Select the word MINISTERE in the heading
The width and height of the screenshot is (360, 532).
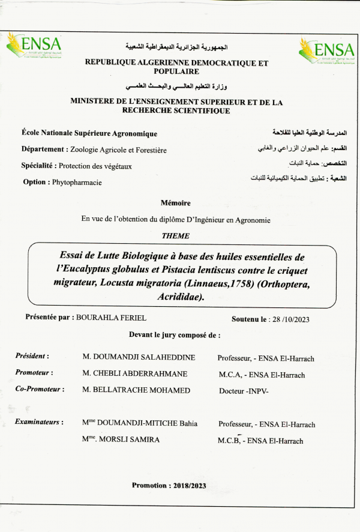click(96, 102)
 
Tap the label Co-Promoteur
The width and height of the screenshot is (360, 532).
click(40, 389)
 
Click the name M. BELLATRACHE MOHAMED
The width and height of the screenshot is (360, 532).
click(136, 390)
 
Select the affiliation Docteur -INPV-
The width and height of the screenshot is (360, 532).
click(244, 390)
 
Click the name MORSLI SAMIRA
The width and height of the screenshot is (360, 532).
click(133, 440)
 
